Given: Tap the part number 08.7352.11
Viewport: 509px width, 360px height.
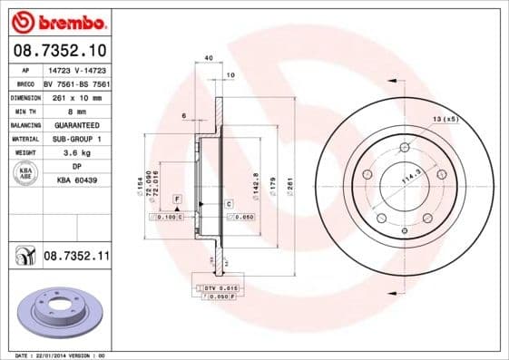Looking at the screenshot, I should [76, 258].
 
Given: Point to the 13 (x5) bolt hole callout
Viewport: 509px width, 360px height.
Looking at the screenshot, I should [445, 119].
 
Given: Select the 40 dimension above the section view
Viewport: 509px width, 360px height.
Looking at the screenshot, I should [210, 58].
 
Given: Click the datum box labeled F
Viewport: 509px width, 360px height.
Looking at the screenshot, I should [178, 198].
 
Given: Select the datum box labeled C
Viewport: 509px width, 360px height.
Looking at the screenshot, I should [229, 204].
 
